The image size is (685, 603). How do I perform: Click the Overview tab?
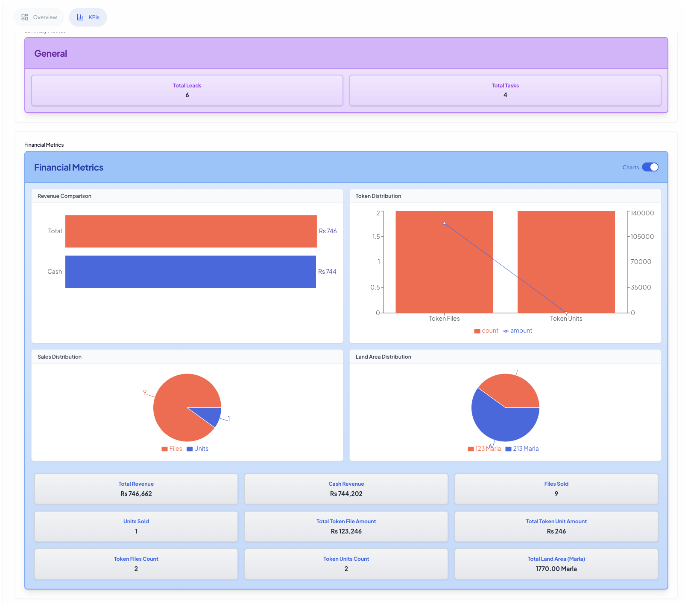pyautogui.click(x=39, y=17)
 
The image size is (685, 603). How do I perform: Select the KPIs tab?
pyautogui.click(x=88, y=17)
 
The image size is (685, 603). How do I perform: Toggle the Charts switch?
pyautogui.click(x=650, y=167)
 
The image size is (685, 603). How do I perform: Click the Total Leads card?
pyautogui.click(x=187, y=90)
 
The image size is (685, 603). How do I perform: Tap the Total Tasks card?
pyautogui.click(x=505, y=90)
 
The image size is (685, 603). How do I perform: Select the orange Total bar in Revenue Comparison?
pyautogui.click(x=191, y=231)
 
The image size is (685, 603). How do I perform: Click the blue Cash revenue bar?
pyautogui.click(x=190, y=272)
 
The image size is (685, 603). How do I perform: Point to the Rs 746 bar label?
pyautogui.click(x=328, y=231)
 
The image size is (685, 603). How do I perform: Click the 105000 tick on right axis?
pyautogui.click(x=642, y=237)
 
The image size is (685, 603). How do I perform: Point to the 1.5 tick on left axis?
pyautogui.click(x=376, y=237)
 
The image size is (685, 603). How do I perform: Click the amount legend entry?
pyautogui.click(x=518, y=331)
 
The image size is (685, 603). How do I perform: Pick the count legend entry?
pyautogui.click(x=486, y=331)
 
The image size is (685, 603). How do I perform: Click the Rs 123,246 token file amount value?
pyautogui.click(x=346, y=531)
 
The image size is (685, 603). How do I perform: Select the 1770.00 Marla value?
pyautogui.click(x=556, y=569)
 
